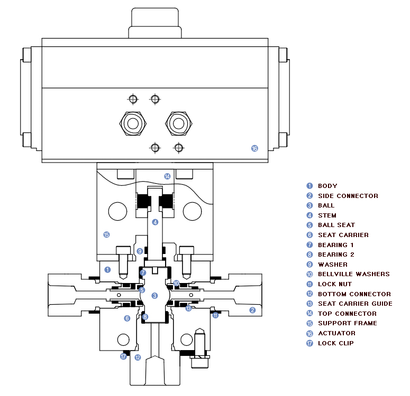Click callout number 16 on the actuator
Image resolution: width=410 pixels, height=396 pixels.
pos(254,148)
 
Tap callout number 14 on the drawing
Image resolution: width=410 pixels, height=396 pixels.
pos(167,176)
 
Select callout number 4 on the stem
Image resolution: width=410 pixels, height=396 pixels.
pos(156,222)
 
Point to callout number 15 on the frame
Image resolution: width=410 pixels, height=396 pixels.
pos(106,234)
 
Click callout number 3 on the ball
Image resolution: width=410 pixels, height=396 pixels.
pos(154,296)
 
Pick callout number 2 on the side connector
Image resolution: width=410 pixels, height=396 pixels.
pos(252,310)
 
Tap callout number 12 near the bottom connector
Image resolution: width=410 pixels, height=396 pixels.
pos(138,357)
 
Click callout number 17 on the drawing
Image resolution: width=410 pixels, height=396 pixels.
pos(123,356)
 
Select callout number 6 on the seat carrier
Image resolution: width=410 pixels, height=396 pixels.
pos(127,318)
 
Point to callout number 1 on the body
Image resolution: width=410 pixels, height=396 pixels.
pos(107,270)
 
